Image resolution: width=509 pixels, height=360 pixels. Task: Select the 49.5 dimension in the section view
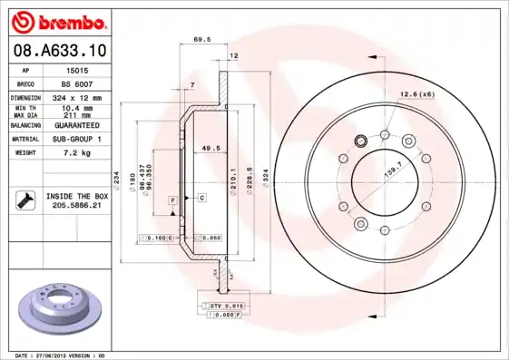coord(210,148)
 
